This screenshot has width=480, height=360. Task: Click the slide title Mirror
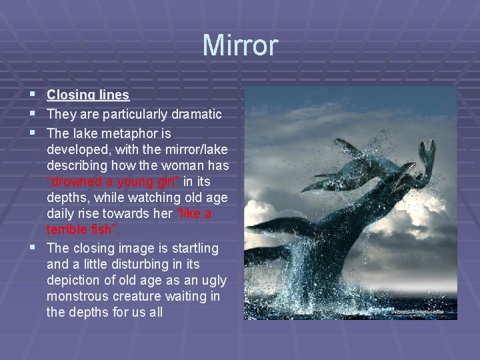(240, 45)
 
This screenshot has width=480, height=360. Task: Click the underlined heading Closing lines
(87, 95)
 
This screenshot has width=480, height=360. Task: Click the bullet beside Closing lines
(33, 95)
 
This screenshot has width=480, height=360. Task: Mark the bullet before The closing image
(33, 248)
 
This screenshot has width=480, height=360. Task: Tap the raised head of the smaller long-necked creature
(427, 149)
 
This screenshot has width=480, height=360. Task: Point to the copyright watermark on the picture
(418, 311)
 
